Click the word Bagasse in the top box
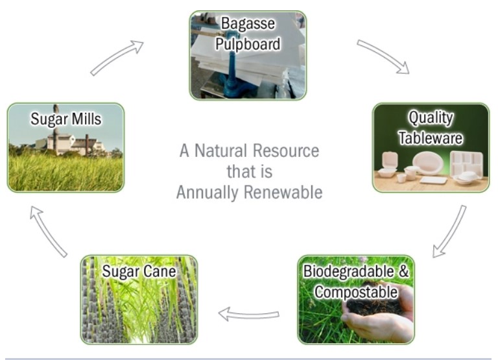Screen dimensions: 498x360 (x=248, y=24)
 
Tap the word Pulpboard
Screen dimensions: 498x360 (x=248, y=44)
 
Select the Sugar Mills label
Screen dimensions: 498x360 (x=66, y=119)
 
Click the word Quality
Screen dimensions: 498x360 (x=431, y=118)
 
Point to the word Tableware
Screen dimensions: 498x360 (x=431, y=138)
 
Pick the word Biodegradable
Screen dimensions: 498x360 (x=349, y=271)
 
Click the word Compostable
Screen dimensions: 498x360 (x=356, y=292)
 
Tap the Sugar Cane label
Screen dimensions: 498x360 (x=139, y=271)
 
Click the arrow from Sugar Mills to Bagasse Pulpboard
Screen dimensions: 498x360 (x=117, y=58)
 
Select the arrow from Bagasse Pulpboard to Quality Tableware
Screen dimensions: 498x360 (x=383, y=56)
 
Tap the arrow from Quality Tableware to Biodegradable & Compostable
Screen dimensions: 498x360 (x=449, y=232)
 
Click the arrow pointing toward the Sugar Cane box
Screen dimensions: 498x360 (x=249, y=314)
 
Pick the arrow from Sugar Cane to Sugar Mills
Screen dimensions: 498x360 (x=49, y=232)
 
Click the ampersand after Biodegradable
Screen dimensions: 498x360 (x=403, y=271)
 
